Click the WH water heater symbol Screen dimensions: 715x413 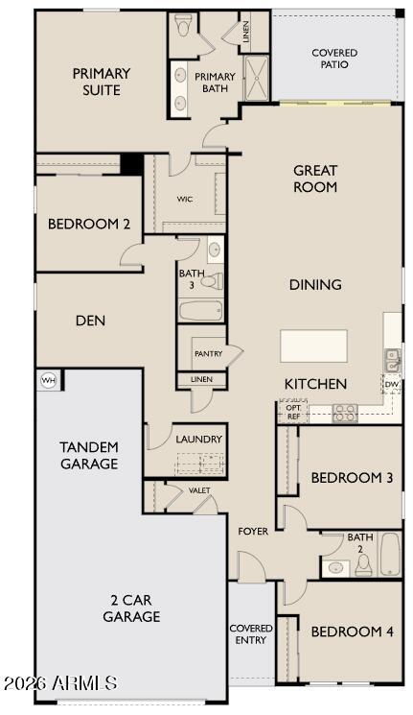[47, 380]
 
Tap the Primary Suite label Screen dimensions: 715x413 [101, 82]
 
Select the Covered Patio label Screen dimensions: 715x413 [335, 59]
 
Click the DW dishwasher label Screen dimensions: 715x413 [391, 385]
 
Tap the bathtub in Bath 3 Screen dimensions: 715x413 [201, 310]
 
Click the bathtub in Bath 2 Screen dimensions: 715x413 [390, 554]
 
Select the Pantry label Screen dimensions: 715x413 [208, 354]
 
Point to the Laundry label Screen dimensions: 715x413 [199, 440]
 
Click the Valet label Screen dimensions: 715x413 [199, 490]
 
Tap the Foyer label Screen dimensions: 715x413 [253, 531]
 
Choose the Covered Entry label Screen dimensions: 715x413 [251, 634]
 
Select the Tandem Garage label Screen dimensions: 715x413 [89, 455]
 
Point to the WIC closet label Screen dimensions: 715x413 [186, 200]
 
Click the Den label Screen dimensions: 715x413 [90, 321]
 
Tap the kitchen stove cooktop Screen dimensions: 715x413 [345, 413]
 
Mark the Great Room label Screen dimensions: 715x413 [315, 179]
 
